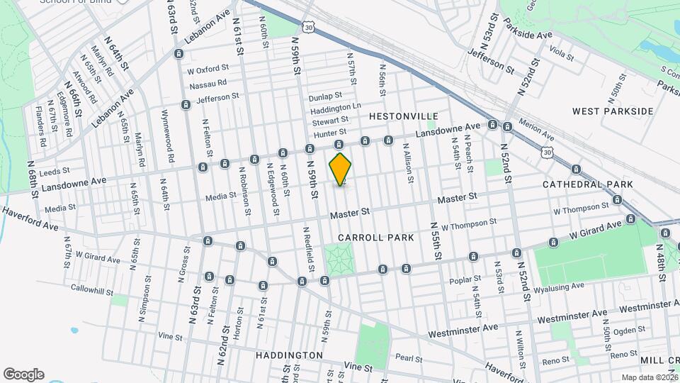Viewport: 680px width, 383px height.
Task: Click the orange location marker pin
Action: point(341,170)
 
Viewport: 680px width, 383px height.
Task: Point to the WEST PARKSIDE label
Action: point(613,111)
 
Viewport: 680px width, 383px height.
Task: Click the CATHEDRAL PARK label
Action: point(587,184)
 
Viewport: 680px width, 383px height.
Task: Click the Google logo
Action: point(23,374)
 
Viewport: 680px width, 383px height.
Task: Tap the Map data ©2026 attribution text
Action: point(649,377)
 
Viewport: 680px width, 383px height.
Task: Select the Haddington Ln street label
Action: point(336,107)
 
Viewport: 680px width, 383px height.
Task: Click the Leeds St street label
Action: point(55,171)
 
